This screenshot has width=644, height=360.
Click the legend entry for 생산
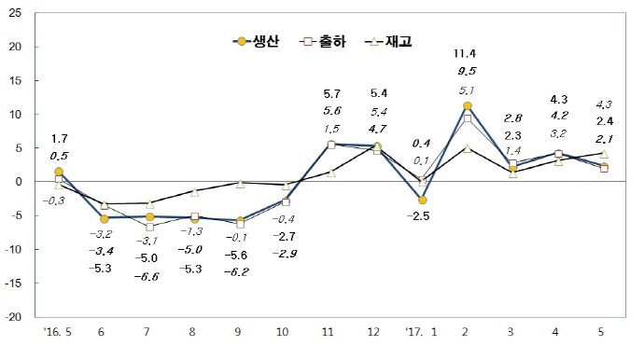point(254,41)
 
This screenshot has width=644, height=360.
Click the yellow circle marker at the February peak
point(467,105)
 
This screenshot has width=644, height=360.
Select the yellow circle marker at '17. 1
point(422,200)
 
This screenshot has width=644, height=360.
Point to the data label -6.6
point(148,277)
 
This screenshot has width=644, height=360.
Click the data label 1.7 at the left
point(59,138)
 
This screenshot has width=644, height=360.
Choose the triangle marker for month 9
point(240,183)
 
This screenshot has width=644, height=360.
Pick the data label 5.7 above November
point(330,94)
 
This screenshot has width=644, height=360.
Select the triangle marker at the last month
point(604,153)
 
